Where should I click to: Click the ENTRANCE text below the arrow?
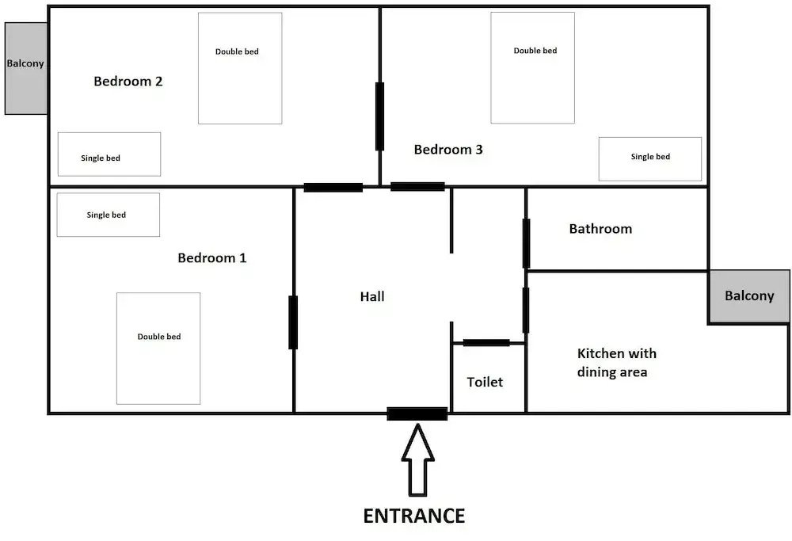[x=413, y=516]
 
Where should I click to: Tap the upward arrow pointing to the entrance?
[x=417, y=463]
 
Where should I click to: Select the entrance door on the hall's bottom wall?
[x=417, y=413]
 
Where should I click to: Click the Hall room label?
[x=372, y=296]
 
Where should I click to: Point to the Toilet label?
[x=485, y=382]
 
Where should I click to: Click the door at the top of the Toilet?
[x=485, y=342]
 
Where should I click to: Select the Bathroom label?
[x=600, y=229]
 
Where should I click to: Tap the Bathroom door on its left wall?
[x=526, y=243]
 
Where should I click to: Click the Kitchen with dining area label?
[x=616, y=363]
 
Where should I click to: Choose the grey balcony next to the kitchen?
[x=749, y=296]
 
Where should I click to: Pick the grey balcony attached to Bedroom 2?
[x=26, y=68]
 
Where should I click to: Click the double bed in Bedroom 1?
[x=158, y=348]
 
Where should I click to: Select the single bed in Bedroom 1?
[x=109, y=215]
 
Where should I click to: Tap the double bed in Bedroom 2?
[x=239, y=68]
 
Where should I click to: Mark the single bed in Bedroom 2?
[x=109, y=154]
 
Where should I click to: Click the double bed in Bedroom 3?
[x=532, y=68]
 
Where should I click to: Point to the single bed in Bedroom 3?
[x=649, y=158]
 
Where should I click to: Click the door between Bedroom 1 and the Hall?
[x=293, y=322]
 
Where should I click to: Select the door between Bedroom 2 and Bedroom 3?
[x=379, y=116]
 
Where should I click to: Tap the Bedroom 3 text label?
[x=448, y=150]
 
